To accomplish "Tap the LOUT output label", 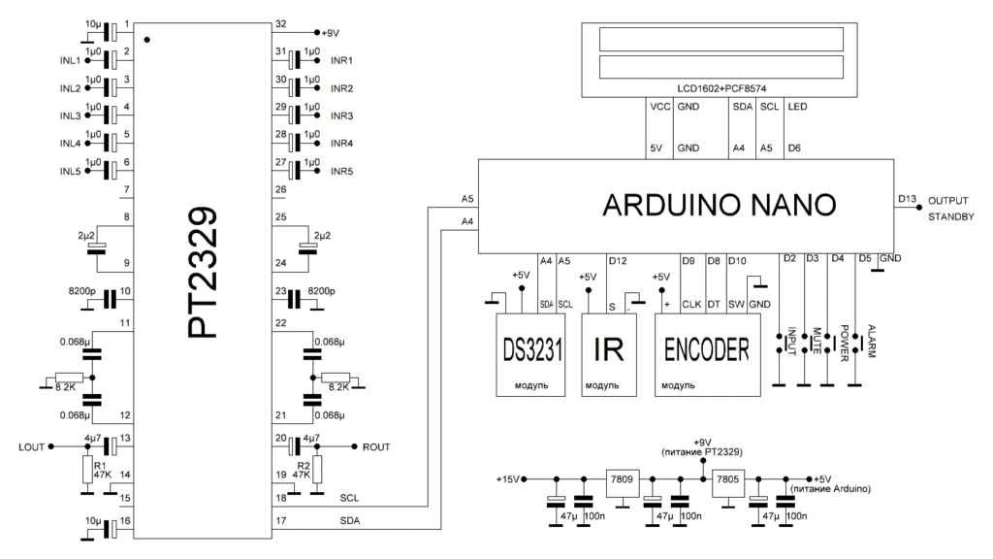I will tap(33, 447).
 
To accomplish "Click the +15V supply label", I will tap(508, 479).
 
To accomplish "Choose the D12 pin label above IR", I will tap(617, 260).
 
